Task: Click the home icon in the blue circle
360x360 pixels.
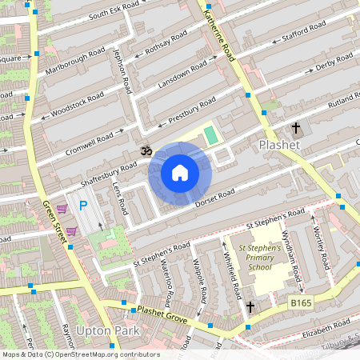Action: tap(180, 172)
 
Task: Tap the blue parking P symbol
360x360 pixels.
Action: tap(82, 206)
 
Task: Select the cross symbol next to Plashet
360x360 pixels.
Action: tap(296, 127)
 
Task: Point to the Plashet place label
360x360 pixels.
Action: tap(279, 145)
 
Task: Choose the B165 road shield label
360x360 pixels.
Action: tap(300, 303)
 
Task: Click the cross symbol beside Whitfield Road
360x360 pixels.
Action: tap(250, 306)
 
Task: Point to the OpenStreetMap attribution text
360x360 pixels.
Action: tap(80, 354)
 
